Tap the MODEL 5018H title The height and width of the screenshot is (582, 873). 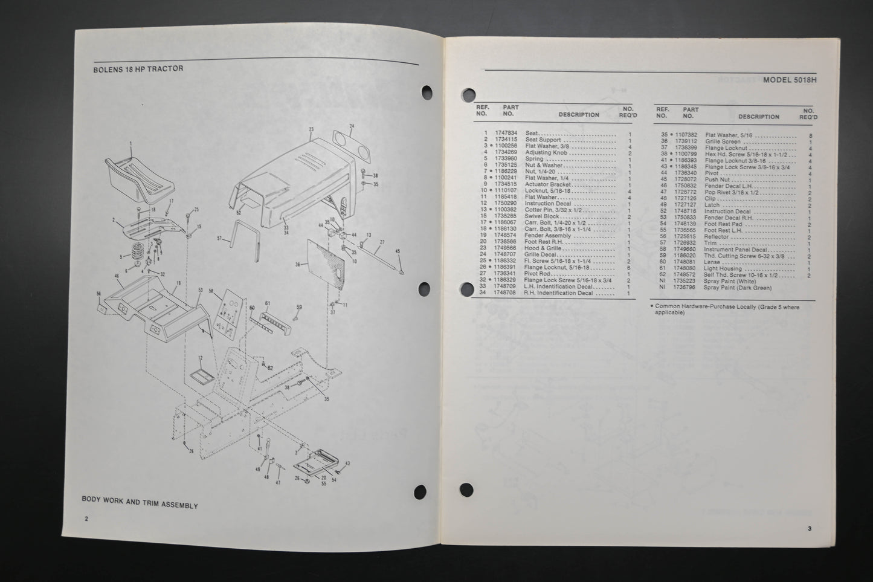(790, 80)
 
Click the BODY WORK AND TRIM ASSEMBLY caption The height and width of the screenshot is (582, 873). (140, 505)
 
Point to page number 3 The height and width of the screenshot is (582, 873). (809, 528)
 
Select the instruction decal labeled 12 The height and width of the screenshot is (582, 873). (199, 376)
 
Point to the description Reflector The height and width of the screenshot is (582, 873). (717, 236)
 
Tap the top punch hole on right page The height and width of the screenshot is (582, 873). (468, 94)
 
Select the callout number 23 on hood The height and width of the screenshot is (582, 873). (311, 129)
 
